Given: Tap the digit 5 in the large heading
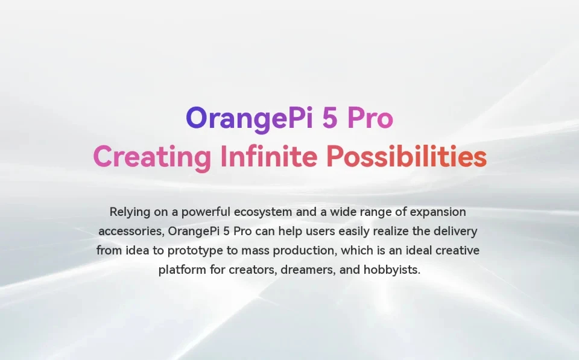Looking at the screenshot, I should click(330, 118).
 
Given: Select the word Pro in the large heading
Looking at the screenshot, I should click(370, 118).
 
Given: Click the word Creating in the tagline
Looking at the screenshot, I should click(152, 157).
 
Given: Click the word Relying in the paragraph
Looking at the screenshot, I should click(128, 212).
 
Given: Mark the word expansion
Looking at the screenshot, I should click(438, 212).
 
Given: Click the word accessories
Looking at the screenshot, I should click(130, 232).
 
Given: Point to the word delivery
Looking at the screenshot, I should click(457, 232).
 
